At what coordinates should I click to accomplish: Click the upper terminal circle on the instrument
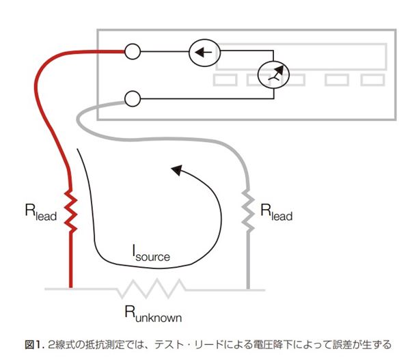[x=133, y=51]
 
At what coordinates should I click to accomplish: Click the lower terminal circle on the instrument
[x=133, y=99]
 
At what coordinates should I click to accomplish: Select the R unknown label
[x=152, y=315]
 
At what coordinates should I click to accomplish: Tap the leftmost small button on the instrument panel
[x=225, y=80]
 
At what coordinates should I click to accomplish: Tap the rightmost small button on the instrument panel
[x=372, y=80]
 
